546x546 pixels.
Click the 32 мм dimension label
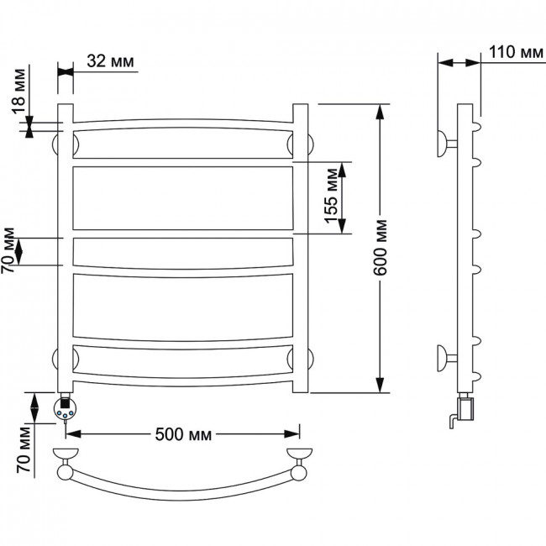(x=110, y=61)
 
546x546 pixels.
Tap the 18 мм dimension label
(x=19, y=92)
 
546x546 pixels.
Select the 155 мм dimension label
(x=331, y=196)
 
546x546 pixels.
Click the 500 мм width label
(x=183, y=434)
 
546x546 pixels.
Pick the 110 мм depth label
(x=516, y=52)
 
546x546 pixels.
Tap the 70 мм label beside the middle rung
(x=8, y=250)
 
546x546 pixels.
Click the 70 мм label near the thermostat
(x=24, y=449)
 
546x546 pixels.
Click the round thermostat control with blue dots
(x=64, y=409)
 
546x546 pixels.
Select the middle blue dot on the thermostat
(x=65, y=416)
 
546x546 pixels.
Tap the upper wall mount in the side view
(x=447, y=144)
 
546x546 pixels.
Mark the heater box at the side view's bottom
(x=465, y=409)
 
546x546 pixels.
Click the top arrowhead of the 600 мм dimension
(x=381, y=112)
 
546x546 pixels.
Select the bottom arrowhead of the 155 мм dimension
(x=342, y=226)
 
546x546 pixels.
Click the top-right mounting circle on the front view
(x=310, y=144)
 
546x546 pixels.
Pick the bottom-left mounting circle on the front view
(x=55, y=359)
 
